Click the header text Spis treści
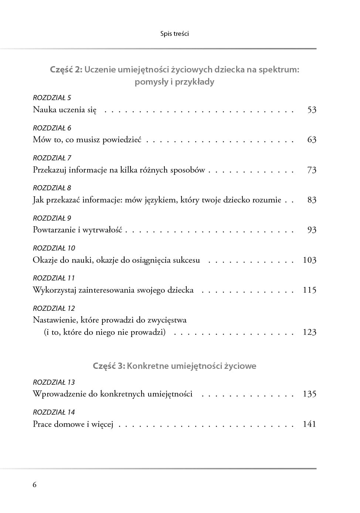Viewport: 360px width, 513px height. pos(174,34)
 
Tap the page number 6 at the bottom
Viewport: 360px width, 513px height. pos(35,485)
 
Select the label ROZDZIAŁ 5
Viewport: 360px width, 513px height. pos(52,98)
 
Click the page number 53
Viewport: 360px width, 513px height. pos(312,110)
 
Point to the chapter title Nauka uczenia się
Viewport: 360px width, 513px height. pos(65,110)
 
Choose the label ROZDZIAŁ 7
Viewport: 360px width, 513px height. pos(52,158)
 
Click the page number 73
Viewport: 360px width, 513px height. pos(312,170)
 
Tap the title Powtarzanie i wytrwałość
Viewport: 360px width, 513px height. pos(77,230)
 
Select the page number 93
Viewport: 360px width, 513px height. pos(312,230)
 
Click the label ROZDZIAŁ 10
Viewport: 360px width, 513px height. pos(54,248)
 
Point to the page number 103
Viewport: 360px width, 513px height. pos(309,260)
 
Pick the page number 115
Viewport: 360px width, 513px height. pos(309,290)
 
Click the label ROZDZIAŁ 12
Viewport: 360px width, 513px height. pos(54,308)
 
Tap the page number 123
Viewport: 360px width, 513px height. pos(309,332)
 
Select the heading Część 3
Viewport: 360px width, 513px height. pos(109,366)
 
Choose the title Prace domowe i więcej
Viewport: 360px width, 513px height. pos(73,424)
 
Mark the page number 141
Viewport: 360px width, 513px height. pos(309,424)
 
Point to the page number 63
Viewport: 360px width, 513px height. pos(312,140)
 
